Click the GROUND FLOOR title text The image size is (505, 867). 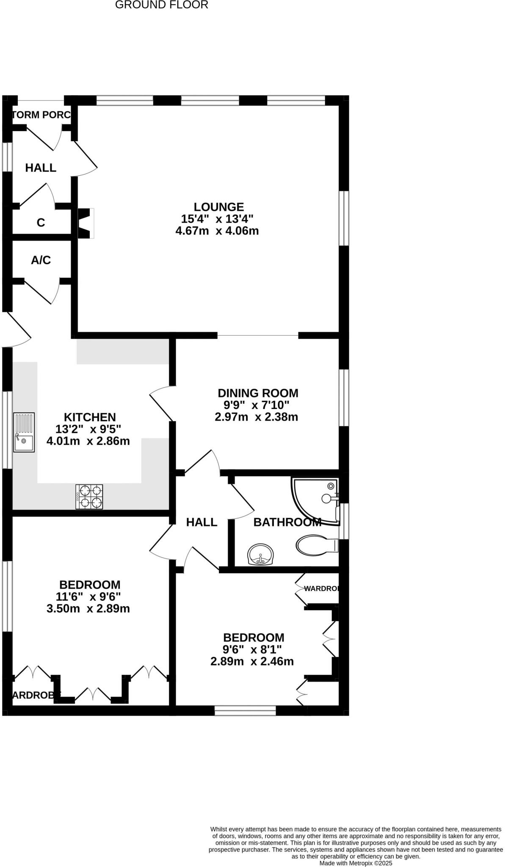pyautogui.click(x=162, y=5)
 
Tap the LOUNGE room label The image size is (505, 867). pyautogui.click(x=219, y=207)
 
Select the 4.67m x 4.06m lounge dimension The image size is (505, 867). pyautogui.click(x=217, y=231)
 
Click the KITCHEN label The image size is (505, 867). pyautogui.click(x=90, y=417)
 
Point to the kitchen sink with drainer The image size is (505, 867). pyautogui.click(x=24, y=432)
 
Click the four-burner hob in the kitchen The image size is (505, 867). pyautogui.click(x=89, y=497)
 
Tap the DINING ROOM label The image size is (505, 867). pyautogui.click(x=258, y=393)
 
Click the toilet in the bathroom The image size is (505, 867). pyautogui.click(x=317, y=545)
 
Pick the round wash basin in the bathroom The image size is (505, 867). pyautogui.click(x=261, y=555)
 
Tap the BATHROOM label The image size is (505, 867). pyautogui.click(x=287, y=522)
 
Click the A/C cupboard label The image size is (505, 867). pyautogui.click(x=41, y=260)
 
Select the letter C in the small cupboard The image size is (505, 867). pyautogui.click(x=41, y=223)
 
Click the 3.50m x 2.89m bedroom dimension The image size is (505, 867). pyautogui.click(x=88, y=609)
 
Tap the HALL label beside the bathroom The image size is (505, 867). pyautogui.click(x=201, y=522)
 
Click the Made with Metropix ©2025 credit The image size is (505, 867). pyautogui.click(x=356, y=863)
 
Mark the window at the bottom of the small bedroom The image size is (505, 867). pyautogui.click(x=245, y=710)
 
